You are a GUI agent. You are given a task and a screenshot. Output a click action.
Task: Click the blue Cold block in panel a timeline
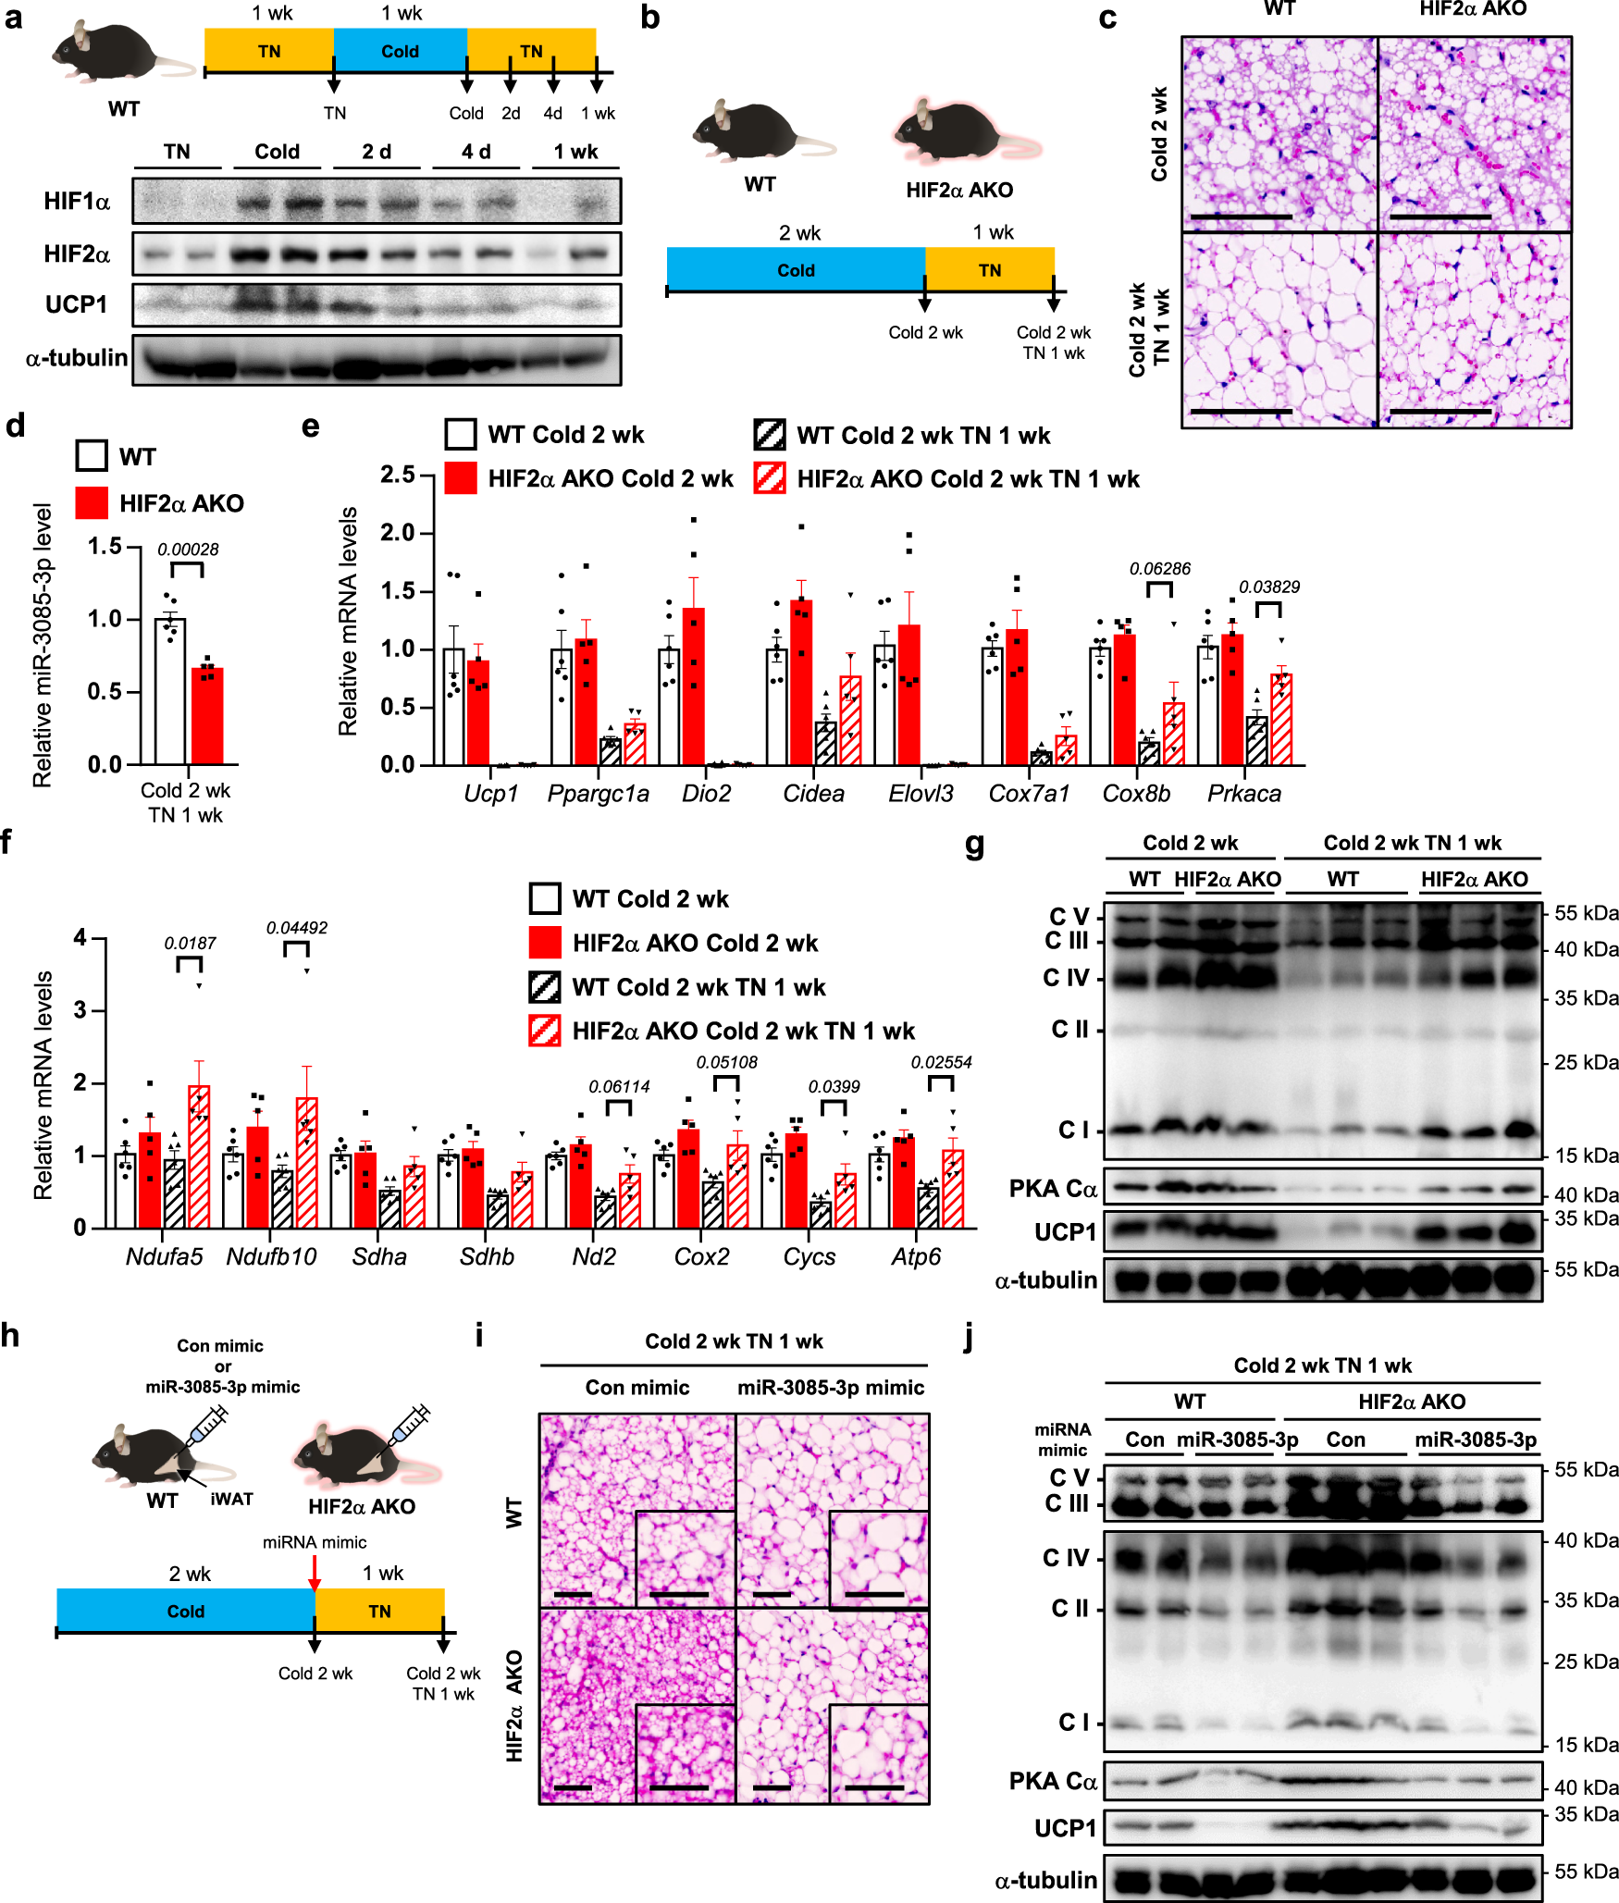click(x=400, y=51)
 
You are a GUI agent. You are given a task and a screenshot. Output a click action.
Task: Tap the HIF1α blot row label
click(x=77, y=202)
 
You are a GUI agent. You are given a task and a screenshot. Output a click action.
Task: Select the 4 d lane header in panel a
click(x=476, y=152)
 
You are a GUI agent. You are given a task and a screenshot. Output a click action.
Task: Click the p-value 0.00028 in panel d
click(x=188, y=550)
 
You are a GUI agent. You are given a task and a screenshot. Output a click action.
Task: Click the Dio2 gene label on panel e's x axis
click(x=706, y=794)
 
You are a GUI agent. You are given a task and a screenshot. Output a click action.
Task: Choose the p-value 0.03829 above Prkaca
click(x=1269, y=587)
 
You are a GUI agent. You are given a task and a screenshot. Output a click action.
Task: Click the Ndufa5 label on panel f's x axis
click(x=164, y=1256)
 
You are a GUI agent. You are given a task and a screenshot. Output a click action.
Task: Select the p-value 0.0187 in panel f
click(x=190, y=944)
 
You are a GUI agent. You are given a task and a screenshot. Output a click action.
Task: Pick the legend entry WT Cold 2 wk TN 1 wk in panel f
click(x=698, y=987)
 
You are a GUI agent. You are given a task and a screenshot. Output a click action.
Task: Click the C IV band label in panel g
click(x=1066, y=978)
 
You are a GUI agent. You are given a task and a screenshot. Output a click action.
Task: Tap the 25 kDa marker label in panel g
click(x=1586, y=1062)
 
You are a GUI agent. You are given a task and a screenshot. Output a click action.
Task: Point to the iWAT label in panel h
click(x=231, y=1499)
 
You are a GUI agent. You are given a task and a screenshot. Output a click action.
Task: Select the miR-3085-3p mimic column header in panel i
click(x=830, y=1388)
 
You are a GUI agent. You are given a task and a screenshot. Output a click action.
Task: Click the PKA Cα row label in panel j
click(x=1053, y=1781)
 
